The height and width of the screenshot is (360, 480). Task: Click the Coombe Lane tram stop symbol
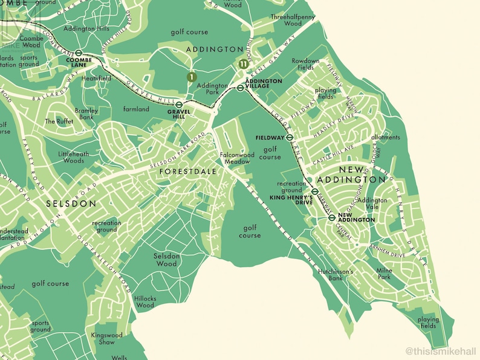[79, 53]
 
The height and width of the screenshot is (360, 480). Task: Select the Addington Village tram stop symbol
[240, 88]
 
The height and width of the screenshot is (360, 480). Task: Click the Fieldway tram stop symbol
[290, 137]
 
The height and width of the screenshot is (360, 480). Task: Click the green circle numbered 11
[243, 63]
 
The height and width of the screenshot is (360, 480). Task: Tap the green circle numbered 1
[191, 77]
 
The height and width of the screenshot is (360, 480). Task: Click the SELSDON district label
[71, 204]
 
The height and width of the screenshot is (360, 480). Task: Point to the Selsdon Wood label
[166, 260]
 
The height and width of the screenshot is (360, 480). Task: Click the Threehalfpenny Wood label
[294, 20]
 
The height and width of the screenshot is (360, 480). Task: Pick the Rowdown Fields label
[305, 65]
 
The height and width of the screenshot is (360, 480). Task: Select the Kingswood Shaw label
[106, 338]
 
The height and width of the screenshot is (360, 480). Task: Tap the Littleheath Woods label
[74, 158]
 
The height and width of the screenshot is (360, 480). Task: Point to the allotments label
[386, 137]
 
